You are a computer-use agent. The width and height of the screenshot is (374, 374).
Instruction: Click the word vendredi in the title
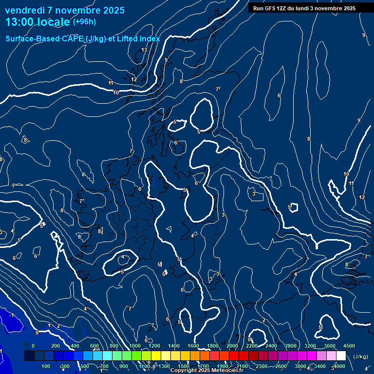pos(25,10)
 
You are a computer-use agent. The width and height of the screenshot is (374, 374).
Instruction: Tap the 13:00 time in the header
pos(19,22)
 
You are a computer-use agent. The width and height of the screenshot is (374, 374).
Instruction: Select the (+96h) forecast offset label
pos(84,21)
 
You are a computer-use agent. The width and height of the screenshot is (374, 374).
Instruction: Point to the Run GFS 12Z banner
pos(304,8)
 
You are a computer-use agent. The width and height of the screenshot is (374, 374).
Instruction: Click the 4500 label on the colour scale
pos(349,346)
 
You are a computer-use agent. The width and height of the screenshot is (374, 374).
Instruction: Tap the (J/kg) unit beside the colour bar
pos(360,356)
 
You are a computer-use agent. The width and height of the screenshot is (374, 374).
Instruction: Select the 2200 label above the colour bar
pos(252,346)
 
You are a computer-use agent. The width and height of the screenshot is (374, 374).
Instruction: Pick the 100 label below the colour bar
pos(46,366)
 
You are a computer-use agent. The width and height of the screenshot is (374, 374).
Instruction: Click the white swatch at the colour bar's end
pos(341,356)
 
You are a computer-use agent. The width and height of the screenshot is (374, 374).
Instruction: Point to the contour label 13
pos(144,50)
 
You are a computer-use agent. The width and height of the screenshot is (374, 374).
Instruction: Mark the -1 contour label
pos(11,316)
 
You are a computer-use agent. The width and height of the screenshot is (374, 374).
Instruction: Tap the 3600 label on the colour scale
pos(330,346)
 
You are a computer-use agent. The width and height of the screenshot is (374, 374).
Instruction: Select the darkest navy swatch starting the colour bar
pos(29,356)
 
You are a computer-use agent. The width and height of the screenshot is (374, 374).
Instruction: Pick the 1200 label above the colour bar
pos(154,346)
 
